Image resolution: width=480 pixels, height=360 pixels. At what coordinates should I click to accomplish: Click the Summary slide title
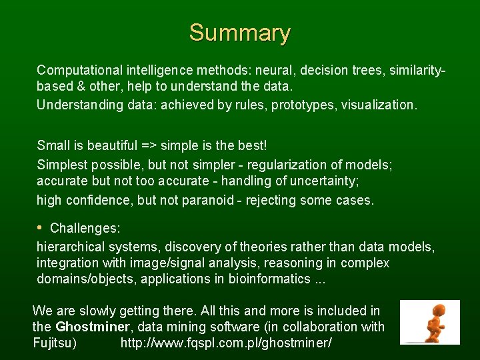tap(239, 33)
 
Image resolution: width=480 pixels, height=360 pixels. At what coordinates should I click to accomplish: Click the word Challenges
tap(85, 229)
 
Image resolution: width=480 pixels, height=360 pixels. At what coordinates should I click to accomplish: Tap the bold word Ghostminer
tap(90, 327)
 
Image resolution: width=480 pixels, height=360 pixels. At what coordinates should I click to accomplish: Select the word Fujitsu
tap(54, 343)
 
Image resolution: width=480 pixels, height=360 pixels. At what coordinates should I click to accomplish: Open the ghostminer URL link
tap(226, 343)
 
